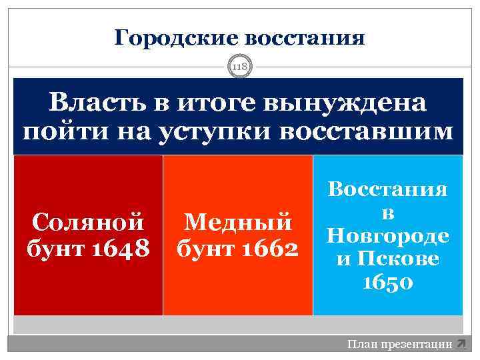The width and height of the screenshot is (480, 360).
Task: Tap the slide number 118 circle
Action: tap(239, 67)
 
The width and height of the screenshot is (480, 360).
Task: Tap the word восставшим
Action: tap(364, 131)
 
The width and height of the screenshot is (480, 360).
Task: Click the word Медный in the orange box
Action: tap(237, 221)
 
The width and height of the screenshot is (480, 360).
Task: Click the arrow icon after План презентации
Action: tap(460, 344)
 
